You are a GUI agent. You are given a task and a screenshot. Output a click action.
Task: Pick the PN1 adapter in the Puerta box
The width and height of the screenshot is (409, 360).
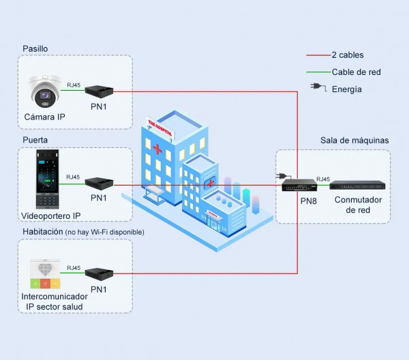pyautogui.click(x=98, y=183)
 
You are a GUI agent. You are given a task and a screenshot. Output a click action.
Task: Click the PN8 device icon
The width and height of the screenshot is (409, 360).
pyautogui.click(x=300, y=185)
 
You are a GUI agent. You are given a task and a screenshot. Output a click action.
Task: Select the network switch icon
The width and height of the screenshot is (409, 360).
pyautogui.click(x=358, y=184)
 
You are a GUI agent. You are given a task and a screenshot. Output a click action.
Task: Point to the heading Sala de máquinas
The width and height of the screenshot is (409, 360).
pyautogui.click(x=354, y=140)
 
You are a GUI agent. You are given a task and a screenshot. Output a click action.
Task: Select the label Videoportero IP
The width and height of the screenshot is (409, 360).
pyautogui.click(x=51, y=215)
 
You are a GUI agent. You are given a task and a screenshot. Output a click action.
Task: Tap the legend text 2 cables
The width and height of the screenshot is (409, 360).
pyautogui.click(x=348, y=55)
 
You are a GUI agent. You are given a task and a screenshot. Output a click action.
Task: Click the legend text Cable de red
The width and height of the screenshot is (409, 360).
pyautogui.click(x=356, y=72)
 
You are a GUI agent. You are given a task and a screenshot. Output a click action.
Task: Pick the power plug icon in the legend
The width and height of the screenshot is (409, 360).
pyautogui.click(x=317, y=87)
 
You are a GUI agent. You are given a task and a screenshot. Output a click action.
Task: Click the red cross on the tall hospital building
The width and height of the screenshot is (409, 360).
pyautogui.click(x=158, y=148)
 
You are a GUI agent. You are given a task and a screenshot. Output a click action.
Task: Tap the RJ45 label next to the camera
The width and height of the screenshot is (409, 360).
pyautogui.click(x=74, y=85)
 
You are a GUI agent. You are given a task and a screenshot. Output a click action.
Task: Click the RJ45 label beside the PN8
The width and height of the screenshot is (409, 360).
pyautogui.click(x=323, y=179)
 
